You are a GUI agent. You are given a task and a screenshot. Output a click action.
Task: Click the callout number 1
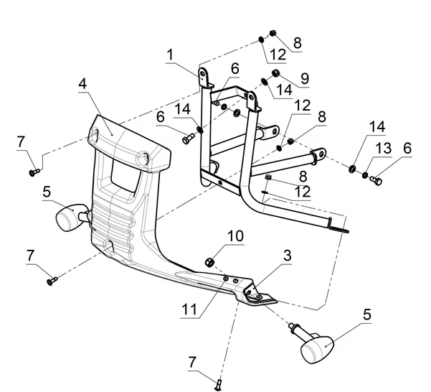click(x=171, y=55)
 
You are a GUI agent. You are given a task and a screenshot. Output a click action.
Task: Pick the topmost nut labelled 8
click(x=273, y=33)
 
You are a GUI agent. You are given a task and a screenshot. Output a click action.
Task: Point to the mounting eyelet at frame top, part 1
click(x=204, y=74)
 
